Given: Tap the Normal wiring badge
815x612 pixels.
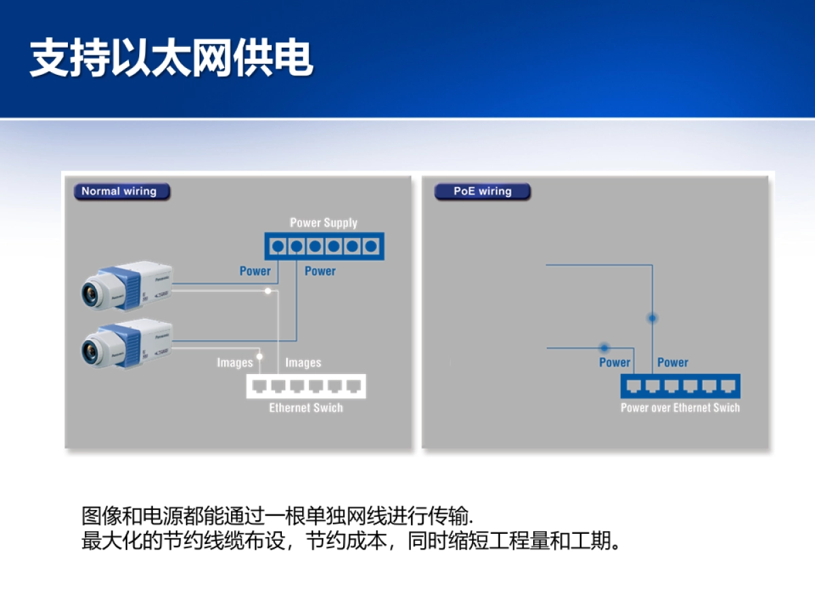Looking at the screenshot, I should tap(120, 192).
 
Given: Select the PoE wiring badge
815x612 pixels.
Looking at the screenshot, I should tap(482, 192).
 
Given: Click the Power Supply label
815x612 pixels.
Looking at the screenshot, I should tap(323, 223).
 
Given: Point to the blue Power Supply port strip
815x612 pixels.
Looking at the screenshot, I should tap(324, 246).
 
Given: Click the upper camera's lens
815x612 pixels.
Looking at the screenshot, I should tap(88, 292).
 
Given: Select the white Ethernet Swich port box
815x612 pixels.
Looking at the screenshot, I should tap(306, 386).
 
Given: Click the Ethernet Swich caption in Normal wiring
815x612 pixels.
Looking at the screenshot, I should tap(306, 408).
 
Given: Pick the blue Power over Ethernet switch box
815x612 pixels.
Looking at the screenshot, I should tap(681, 386).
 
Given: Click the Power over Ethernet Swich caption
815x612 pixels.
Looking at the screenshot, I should tap(680, 408).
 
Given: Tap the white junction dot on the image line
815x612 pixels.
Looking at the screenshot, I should tap(268, 291).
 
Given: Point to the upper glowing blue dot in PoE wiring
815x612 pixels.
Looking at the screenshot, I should tap(652, 318).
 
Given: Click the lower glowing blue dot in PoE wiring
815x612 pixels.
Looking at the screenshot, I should tap(604, 347).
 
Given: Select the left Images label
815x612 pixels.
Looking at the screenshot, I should tap(235, 362).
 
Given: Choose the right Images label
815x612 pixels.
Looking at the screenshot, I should tap(303, 362).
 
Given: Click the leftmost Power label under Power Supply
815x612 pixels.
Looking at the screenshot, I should tap(255, 271).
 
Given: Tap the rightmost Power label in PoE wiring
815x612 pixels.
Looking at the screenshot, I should tap(672, 362).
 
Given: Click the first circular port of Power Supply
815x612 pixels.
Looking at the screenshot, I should tap(278, 246).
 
